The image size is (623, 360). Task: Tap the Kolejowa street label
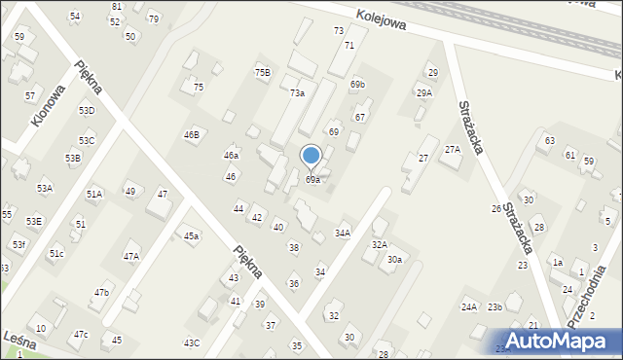point(379,18)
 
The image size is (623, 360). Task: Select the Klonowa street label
point(49,103)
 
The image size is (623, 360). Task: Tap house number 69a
point(312,180)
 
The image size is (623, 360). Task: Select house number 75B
point(263,72)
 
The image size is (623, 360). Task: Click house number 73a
point(298,92)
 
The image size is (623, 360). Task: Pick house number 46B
point(192,134)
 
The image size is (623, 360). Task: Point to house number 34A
point(343,234)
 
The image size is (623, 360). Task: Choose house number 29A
point(424,92)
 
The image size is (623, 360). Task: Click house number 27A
point(453,149)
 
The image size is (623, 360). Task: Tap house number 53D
point(87,110)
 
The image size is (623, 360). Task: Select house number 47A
point(130,256)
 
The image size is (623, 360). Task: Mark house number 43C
point(192,342)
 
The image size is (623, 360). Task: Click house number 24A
point(469,307)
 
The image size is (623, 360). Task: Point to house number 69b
point(358,85)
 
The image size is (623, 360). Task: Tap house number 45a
point(192,236)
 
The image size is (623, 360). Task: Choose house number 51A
point(94,195)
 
